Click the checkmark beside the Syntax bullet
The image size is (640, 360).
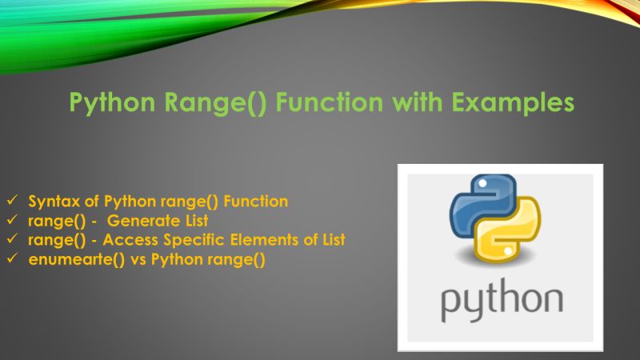click(11, 202)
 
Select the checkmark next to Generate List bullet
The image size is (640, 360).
click(11, 221)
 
